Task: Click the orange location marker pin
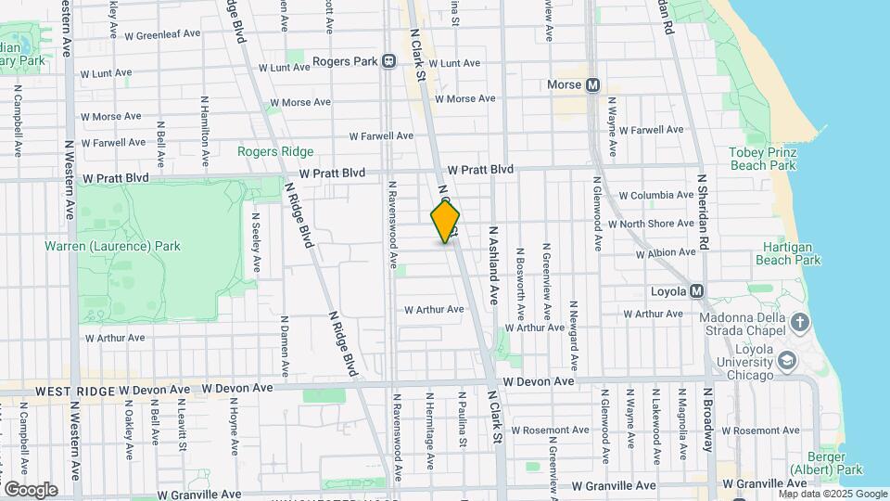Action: (445, 222)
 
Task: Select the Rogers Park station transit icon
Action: (388, 61)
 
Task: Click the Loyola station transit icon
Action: (697, 291)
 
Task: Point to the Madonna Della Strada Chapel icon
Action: (799, 323)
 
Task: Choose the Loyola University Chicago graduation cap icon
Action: (787, 360)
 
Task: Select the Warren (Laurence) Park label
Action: (112, 246)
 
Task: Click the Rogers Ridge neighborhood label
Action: (275, 151)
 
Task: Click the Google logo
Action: (31, 489)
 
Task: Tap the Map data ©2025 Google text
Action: (833, 495)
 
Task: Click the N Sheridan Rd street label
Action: (703, 211)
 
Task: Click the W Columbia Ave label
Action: (656, 195)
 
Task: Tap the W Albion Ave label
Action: (667, 253)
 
